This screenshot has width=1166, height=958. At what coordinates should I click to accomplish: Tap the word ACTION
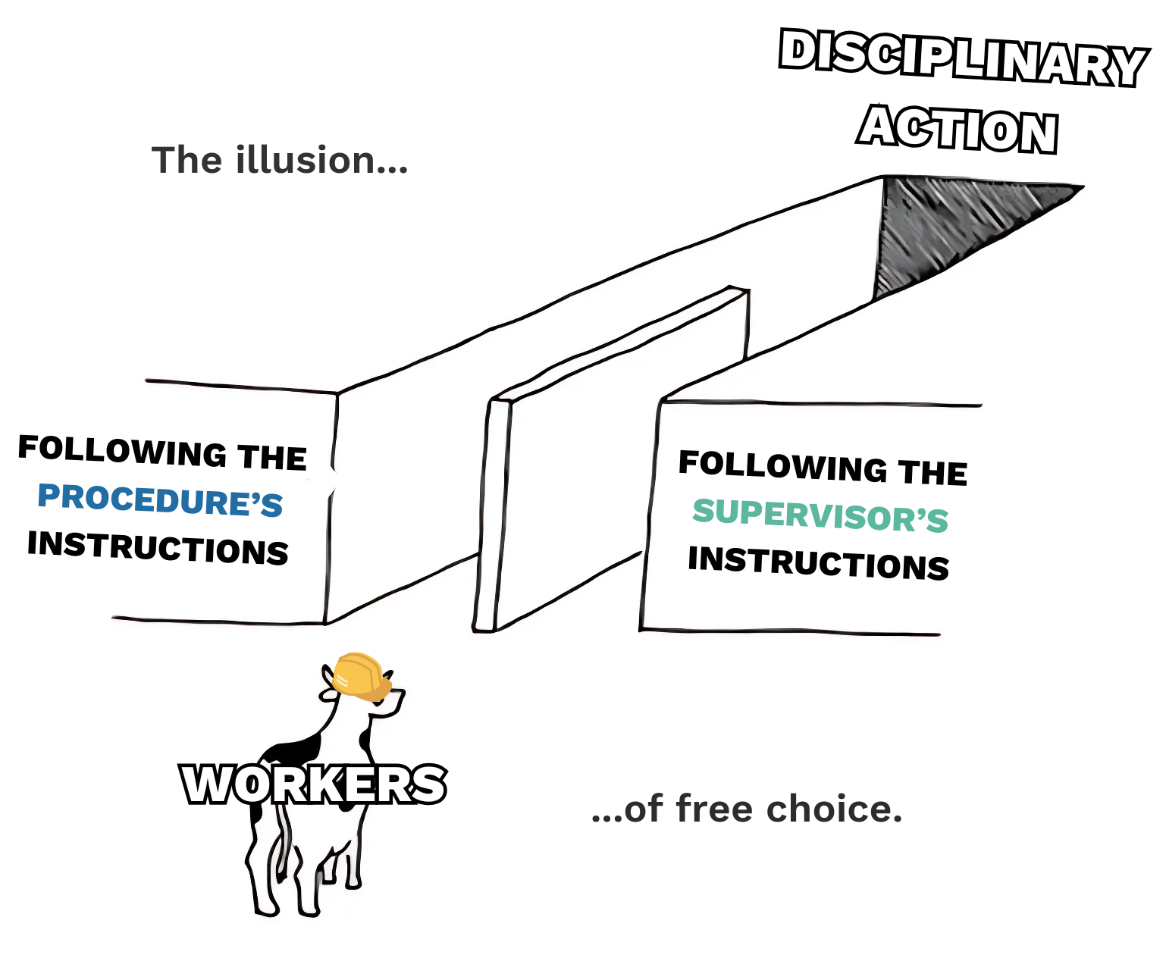point(958,130)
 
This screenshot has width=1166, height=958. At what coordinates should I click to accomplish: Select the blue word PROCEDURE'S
point(160,499)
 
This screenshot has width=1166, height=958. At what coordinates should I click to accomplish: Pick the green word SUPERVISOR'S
point(820,515)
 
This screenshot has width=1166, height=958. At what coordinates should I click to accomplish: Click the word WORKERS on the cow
point(313,784)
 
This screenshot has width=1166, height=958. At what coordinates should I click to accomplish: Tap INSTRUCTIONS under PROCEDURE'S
point(158,547)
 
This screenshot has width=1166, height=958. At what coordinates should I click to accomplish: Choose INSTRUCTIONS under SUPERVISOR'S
point(818,562)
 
